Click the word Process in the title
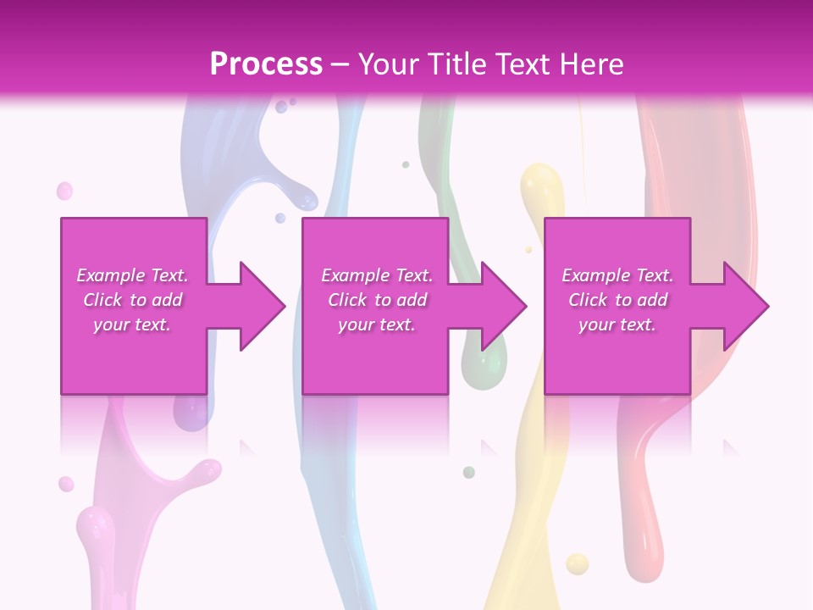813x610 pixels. (x=266, y=64)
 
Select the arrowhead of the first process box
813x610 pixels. (x=259, y=306)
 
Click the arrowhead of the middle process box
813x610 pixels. (x=501, y=306)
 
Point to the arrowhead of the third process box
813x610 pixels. (x=744, y=306)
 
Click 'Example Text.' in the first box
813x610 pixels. (x=132, y=275)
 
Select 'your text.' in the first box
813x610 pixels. (x=132, y=324)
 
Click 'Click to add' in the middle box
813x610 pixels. (x=377, y=300)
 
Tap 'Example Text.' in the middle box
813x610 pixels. (x=377, y=275)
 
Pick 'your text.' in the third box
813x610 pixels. (x=617, y=324)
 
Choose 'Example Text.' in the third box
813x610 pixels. (x=617, y=275)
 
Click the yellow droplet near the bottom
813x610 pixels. (x=577, y=563)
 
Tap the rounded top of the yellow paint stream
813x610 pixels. (x=541, y=180)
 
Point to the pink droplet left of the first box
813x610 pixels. (x=64, y=191)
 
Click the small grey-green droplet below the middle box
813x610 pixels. (x=468, y=472)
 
